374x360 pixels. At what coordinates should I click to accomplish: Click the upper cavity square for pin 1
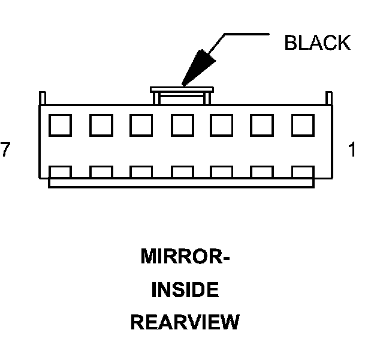coord(303,125)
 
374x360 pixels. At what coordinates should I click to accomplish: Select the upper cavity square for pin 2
coord(263,125)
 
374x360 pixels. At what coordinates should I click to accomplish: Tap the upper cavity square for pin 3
coord(222,125)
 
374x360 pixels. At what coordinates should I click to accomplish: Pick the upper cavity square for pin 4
coord(182,125)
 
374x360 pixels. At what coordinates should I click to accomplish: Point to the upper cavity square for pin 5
coord(141,125)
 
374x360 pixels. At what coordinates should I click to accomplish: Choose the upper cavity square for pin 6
coord(101,125)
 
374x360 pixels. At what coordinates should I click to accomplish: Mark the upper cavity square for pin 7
coord(60,125)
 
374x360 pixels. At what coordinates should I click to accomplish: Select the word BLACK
coord(317,44)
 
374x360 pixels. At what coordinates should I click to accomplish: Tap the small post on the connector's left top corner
coord(42,98)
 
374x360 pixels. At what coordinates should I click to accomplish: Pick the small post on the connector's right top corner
coord(328,98)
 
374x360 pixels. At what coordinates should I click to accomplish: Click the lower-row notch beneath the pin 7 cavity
coord(60,172)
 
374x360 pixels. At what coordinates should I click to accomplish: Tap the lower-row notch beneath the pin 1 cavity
coord(303,172)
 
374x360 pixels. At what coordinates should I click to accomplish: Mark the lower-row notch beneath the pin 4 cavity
coord(182,172)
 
